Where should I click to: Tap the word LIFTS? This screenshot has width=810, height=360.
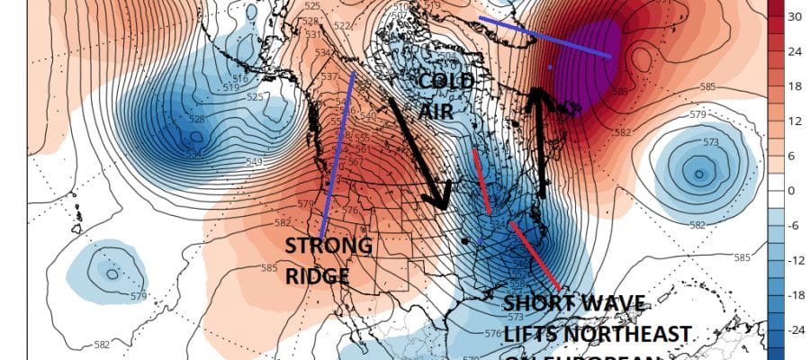click(x=533, y=335)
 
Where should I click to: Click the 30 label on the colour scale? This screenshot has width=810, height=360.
click(x=795, y=17)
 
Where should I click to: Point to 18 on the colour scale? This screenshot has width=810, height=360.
click(x=795, y=86)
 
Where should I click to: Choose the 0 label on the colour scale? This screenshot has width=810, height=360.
click(x=792, y=191)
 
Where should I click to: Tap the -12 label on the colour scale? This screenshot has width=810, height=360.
click(x=795, y=260)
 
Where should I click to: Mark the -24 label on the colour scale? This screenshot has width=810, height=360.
click(x=795, y=329)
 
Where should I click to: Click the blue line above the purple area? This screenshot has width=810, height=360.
click(x=545, y=37)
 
